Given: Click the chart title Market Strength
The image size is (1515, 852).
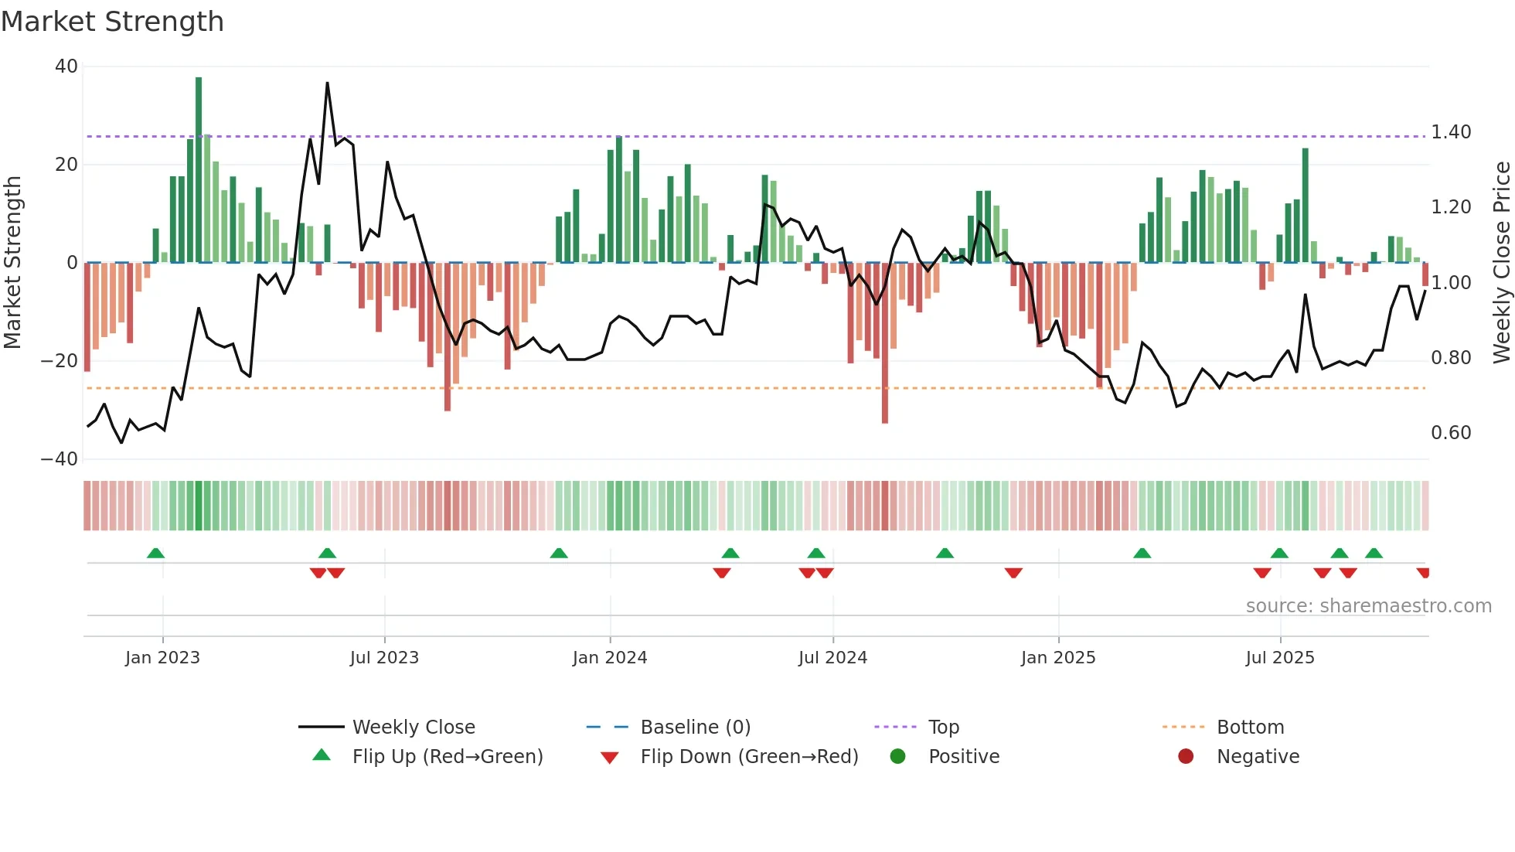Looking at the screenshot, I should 112,22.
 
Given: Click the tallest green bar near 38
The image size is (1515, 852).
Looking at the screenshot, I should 199,170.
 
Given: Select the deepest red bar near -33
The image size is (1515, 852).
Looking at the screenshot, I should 884,344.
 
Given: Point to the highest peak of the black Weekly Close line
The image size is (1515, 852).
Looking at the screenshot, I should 327,83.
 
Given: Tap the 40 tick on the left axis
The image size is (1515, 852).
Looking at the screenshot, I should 66,66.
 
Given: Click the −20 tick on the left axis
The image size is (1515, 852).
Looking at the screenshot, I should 60,361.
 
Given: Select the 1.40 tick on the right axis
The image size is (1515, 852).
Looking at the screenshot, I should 1451,132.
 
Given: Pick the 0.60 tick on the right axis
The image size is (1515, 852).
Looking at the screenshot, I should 1451,433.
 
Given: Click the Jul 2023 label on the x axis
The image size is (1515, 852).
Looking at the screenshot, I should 384,658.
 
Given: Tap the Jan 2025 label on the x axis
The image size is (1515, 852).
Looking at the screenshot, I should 1058,658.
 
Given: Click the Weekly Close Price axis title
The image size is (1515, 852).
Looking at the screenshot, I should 1501,263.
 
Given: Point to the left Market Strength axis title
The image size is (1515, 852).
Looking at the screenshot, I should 12,263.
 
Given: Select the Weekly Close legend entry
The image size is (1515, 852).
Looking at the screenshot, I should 414,728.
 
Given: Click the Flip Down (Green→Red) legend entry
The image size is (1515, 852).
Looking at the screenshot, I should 749,757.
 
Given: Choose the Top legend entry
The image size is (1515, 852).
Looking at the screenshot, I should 943,728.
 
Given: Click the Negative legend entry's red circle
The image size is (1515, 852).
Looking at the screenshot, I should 1186,757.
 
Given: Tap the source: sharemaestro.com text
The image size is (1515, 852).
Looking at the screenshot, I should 1368,606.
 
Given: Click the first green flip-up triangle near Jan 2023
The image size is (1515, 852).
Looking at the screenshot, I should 155,554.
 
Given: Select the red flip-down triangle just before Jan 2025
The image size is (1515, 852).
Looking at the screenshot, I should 1013,573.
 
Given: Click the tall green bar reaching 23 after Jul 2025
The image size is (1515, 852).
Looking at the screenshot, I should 1305,205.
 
